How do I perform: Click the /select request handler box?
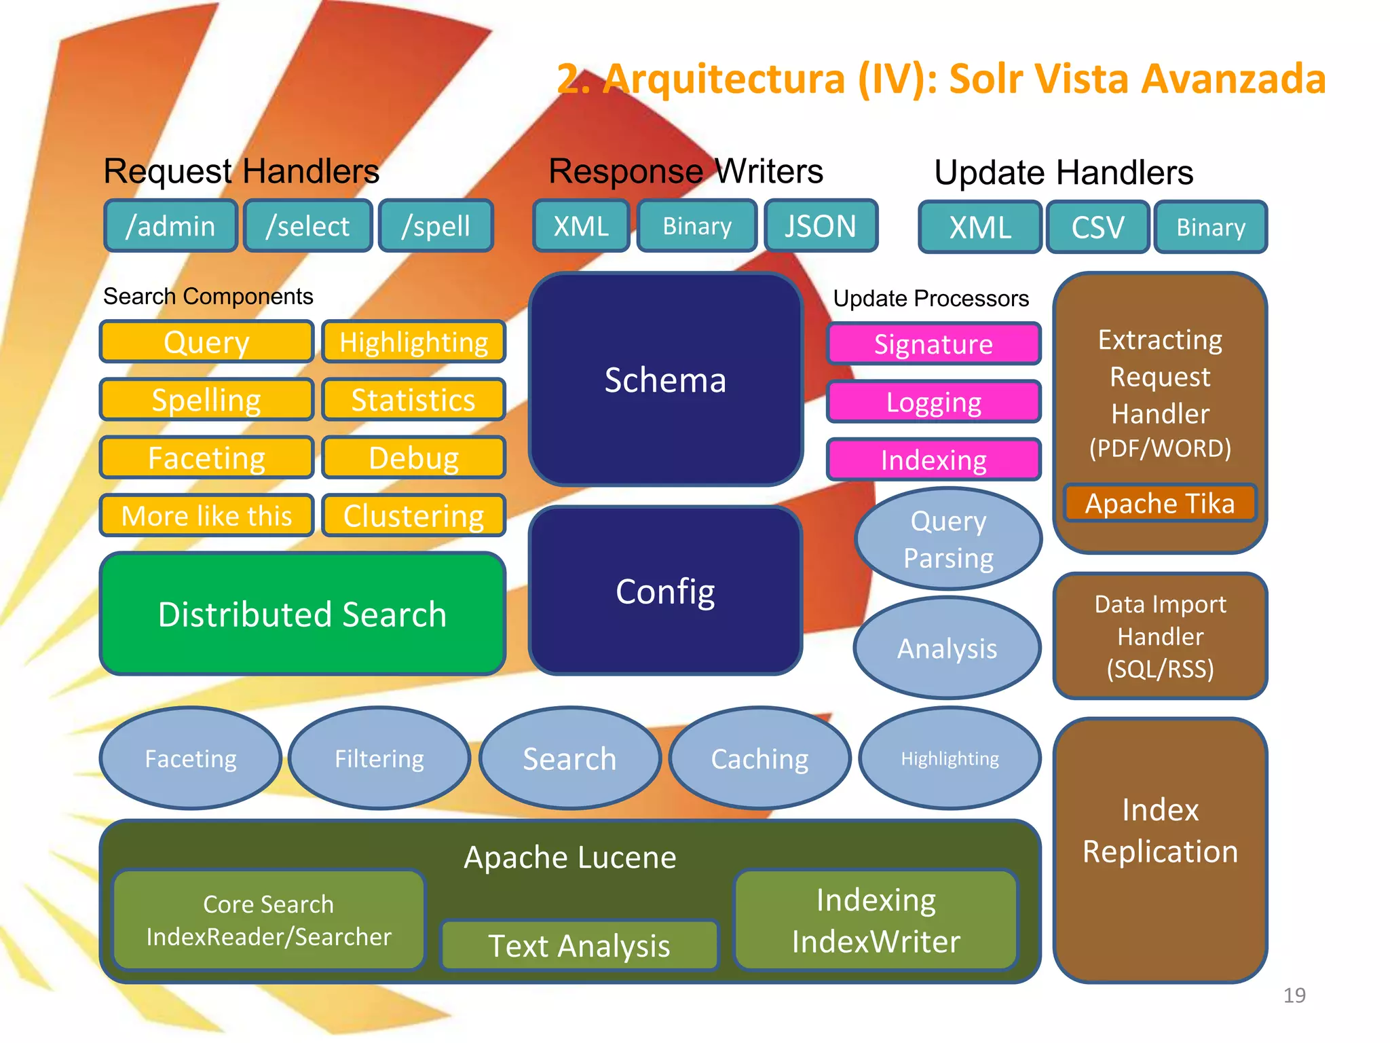[x=308, y=226]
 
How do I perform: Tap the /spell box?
[x=436, y=226]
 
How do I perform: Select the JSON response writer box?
[x=821, y=226]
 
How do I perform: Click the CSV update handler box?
[x=1097, y=227]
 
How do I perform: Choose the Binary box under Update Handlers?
[x=1211, y=227]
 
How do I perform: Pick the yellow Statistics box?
[x=413, y=400]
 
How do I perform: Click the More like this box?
[x=206, y=516]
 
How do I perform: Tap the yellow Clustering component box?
[x=413, y=516]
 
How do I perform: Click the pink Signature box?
[x=933, y=344]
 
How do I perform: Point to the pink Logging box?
[x=933, y=402]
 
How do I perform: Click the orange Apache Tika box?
[x=1160, y=503]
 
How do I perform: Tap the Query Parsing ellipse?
[x=948, y=539]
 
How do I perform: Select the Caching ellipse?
[x=759, y=758]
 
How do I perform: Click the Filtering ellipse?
[x=379, y=758]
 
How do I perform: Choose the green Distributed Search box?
[x=303, y=614]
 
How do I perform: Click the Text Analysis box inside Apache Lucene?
[x=579, y=945]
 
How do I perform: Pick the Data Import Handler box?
[x=1160, y=636]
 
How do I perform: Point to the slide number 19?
[x=1294, y=995]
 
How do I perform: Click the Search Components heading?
[x=208, y=297]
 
